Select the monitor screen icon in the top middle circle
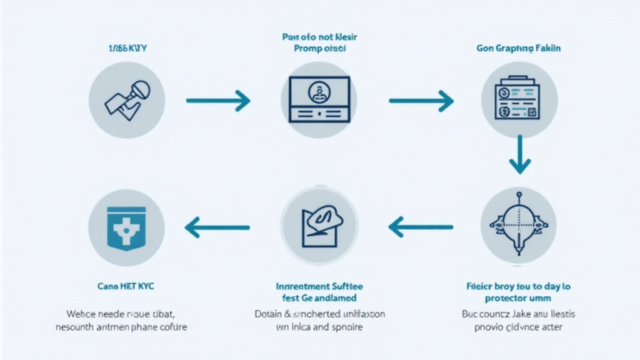pos(319,99)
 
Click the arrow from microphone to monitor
pos(218,100)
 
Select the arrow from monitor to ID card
pos(421,100)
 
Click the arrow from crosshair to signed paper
pos(421,226)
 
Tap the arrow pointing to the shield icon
pos(218,226)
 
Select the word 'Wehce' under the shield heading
pos(79,314)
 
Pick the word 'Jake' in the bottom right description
pos(524,314)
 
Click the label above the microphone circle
pos(126,47)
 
